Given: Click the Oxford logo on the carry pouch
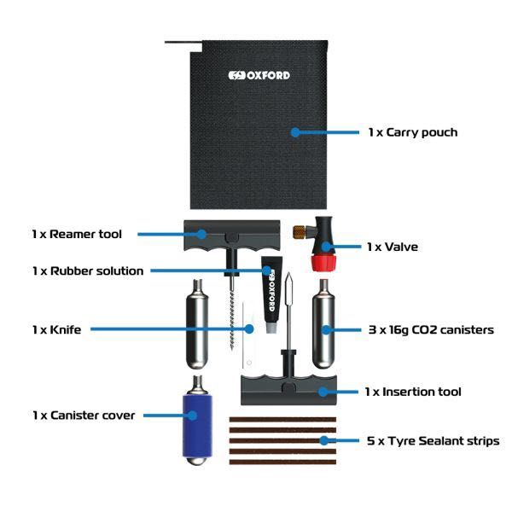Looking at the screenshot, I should click(259, 75).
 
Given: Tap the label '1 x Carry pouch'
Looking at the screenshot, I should click(413, 132).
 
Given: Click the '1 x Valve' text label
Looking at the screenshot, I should click(392, 247).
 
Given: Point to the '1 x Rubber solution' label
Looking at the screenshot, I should click(88, 271).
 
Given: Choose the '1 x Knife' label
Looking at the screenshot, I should click(56, 329).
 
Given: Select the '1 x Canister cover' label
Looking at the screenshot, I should click(84, 416).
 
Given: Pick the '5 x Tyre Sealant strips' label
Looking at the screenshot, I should click(432, 440).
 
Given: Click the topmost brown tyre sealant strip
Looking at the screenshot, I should click(279, 419).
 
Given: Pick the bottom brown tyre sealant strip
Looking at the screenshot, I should click(279, 462).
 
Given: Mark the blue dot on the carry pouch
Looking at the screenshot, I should click(294, 132).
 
